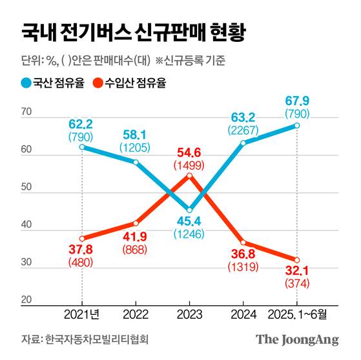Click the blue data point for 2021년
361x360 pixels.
[82, 146]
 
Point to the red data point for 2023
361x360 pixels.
[189, 175]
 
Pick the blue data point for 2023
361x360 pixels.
[189, 210]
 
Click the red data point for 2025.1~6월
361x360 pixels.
[297, 260]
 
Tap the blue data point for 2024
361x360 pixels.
[243, 143]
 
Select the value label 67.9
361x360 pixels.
[297, 102]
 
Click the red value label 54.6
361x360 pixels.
[189, 152]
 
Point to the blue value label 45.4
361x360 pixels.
[189, 223]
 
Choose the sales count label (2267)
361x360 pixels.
[243, 129]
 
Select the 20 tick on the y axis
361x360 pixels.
[26, 299]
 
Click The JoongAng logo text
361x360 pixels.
[297, 340]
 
